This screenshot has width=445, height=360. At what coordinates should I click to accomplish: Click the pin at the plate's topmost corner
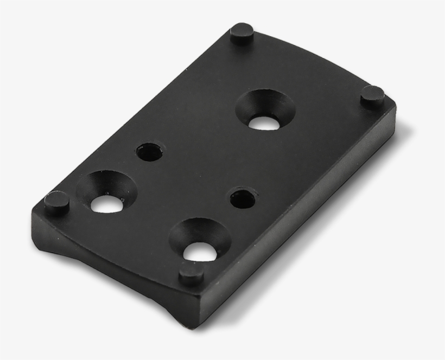pyautogui.click(x=241, y=34)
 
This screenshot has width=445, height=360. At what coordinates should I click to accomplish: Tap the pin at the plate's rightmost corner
pyautogui.click(x=373, y=96)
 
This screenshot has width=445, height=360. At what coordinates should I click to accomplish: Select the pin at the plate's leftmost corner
pyautogui.click(x=56, y=202)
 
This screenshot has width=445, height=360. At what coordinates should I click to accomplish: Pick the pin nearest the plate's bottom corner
pyautogui.click(x=192, y=273)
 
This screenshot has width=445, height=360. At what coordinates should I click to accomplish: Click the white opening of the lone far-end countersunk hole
pyautogui.click(x=264, y=122)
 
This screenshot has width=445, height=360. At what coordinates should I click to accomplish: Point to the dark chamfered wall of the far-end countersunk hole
pyautogui.click(x=265, y=101)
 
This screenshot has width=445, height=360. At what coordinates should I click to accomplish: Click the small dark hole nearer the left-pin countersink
pyautogui.click(x=149, y=152)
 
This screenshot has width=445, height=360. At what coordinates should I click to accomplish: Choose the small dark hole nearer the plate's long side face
pyautogui.click(x=243, y=198)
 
